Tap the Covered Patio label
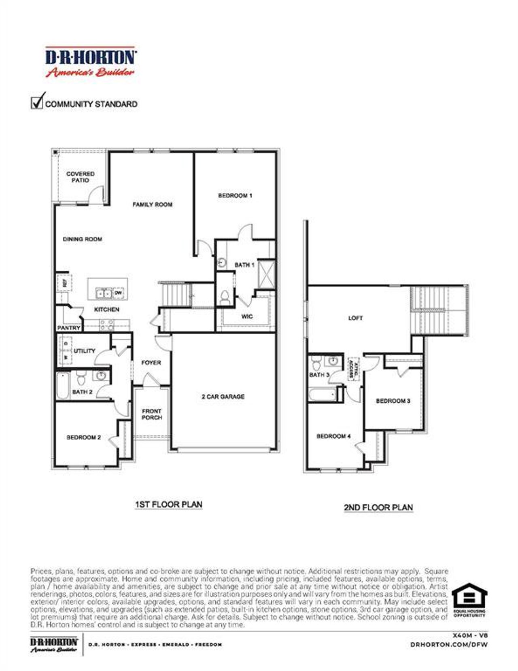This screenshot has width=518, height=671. pos(80,177)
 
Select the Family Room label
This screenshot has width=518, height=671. pos(153,205)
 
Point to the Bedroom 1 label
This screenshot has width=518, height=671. pos(235,195)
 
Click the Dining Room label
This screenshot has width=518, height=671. pos(83,239)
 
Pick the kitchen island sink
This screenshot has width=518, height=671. pos(104,293)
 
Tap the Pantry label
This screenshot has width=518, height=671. pos(68,328)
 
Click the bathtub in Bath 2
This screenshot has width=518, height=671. pos(63,386)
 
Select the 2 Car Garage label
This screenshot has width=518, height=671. pos(223,397)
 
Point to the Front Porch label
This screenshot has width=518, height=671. pos(152,414)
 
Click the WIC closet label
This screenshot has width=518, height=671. pos(247,316)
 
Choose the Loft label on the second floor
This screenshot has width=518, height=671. pos(355,318)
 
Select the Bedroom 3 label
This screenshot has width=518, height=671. pos(393,401)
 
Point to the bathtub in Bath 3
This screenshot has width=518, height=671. pos(323,394)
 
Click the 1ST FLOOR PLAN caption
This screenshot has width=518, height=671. pos(168,505)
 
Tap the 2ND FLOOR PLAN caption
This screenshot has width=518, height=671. pos(378,507)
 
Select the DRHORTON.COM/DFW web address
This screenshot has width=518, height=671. pos(449,644)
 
